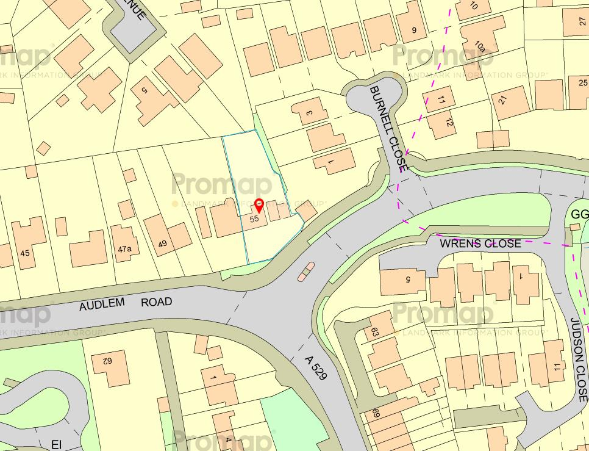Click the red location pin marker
259,205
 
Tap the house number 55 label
255,218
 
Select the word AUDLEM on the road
101,304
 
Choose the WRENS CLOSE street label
480,244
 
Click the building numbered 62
110,366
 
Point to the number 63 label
375,333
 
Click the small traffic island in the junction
306,271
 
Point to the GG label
580,214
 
